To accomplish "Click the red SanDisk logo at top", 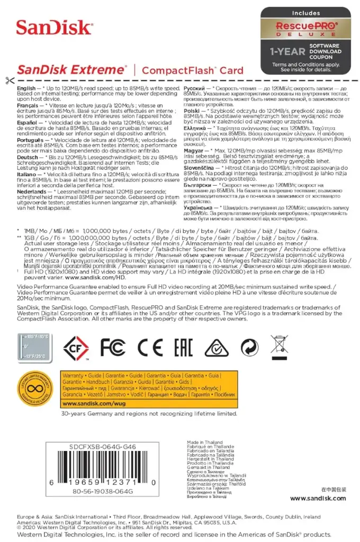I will point(54,28).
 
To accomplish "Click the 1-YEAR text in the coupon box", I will point(287,51).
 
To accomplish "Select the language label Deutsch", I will point(28,157).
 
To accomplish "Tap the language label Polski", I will point(193,110).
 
